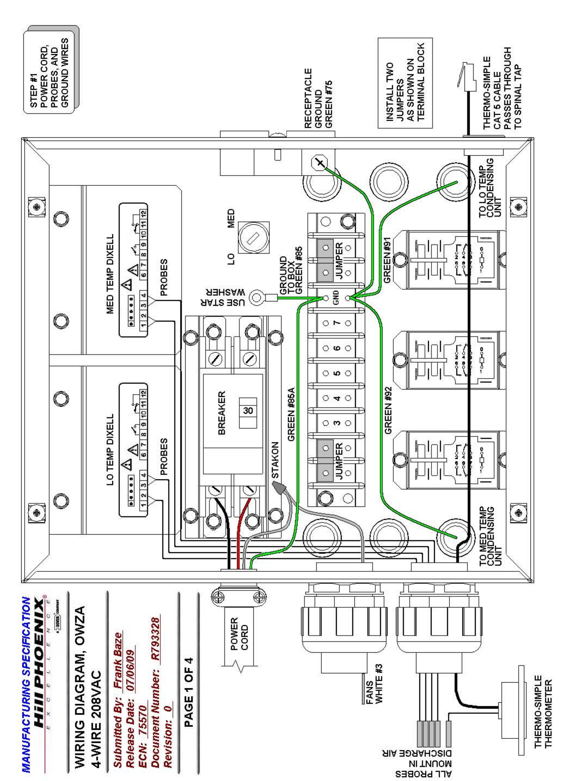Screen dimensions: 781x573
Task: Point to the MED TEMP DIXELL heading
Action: tap(110, 274)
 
